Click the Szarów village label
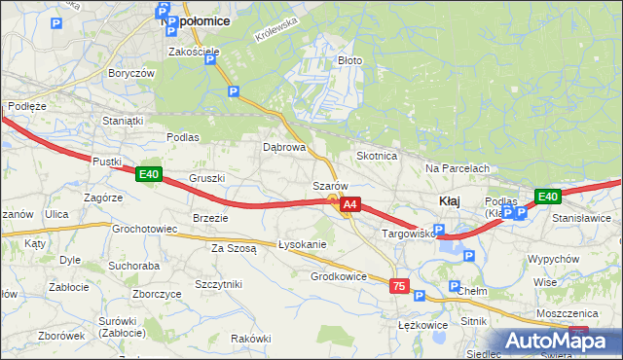(x=330, y=186)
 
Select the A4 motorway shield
(x=351, y=205)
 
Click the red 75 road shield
(x=398, y=286)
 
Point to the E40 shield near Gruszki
(x=148, y=175)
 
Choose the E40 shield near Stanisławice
(x=548, y=197)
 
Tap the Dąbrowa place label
(x=284, y=148)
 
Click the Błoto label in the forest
(x=349, y=60)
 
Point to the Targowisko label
(x=406, y=234)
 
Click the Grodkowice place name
(x=338, y=276)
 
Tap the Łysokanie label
(x=302, y=244)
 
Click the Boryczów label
(x=132, y=73)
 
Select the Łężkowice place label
(x=423, y=325)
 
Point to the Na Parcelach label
(x=458, y=168)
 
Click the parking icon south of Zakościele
(x=233, y=91)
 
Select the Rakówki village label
(x=251, y=338)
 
